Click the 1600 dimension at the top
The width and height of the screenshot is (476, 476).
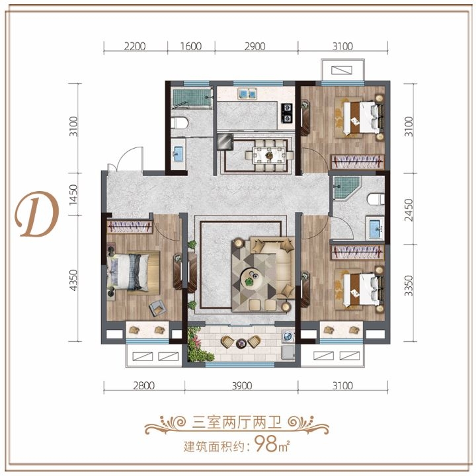(x=191, y=46)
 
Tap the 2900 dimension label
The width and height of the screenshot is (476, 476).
(x=255, y=46)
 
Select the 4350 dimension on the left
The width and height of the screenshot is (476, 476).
(x=73, y=280)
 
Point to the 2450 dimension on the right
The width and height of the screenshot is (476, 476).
(x=409, y=210)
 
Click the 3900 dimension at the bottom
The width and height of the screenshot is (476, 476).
(x=242, y=385)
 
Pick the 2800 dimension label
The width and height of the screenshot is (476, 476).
(x=144, y=385)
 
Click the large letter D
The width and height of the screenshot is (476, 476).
(x=37, y=214)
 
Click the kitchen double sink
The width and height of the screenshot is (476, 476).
(x=247, y=94)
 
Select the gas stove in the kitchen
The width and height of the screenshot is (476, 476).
(x=287, y=113)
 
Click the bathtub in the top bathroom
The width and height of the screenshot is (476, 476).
(x=192, y=98)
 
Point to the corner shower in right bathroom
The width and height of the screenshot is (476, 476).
(x=346, y=188)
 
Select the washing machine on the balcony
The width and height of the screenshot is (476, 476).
(x=287, y=337)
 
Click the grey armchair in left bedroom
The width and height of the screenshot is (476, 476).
(x=157, y=307)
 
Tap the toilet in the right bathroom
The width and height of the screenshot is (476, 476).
(x=376, y=200)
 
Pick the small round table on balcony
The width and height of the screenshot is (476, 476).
(x=241, y=343)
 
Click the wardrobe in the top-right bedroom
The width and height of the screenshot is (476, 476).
(x=357, y=161)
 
